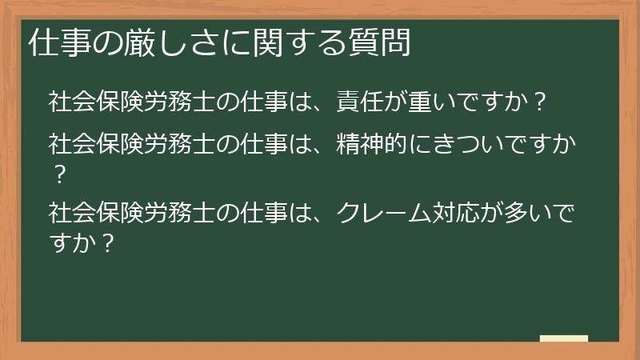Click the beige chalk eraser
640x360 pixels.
pos(563,338)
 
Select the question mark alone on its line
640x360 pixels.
pos(57,173)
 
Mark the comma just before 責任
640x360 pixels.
pos(324,109)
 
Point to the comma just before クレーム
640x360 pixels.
pos(324,219)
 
